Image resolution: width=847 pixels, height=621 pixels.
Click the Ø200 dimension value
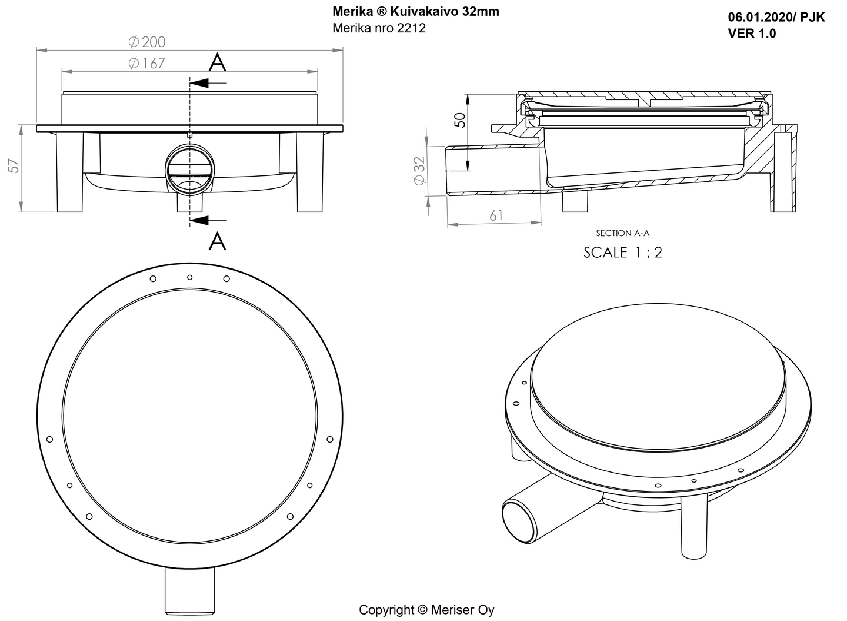point(147,42)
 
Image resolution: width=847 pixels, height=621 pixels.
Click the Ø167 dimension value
point(147,63)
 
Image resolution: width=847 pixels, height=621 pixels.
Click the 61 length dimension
point(496,215)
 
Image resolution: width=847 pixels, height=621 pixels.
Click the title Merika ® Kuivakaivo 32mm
point(415,11)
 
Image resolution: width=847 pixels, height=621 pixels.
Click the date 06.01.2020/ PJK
point(776,17)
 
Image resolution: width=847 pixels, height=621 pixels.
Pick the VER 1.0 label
point(751,34)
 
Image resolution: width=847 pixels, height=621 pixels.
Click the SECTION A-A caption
point(622,233)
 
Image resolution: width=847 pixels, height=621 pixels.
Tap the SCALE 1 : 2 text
point(622,253)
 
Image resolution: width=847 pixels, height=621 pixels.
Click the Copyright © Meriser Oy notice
point(426,610)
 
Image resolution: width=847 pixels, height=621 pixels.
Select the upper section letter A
point(218,62)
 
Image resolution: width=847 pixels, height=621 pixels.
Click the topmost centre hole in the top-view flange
point(189,277)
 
